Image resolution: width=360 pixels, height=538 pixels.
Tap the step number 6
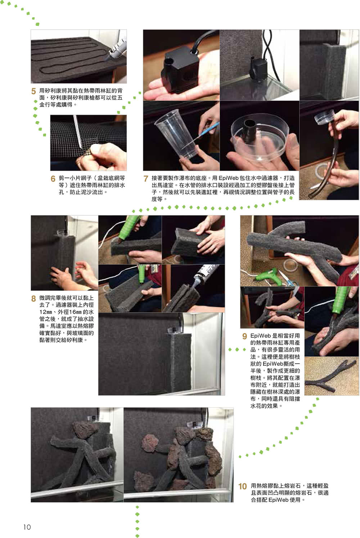pos(53,179)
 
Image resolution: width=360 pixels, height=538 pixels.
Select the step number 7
pos(146,179)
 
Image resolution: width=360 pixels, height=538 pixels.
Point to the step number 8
pos(33,299)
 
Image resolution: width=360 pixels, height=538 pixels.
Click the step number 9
pos(244,336)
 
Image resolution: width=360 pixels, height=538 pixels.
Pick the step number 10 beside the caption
pos(242,487)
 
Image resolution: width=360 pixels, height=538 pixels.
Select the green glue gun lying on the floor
pos(266,277)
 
